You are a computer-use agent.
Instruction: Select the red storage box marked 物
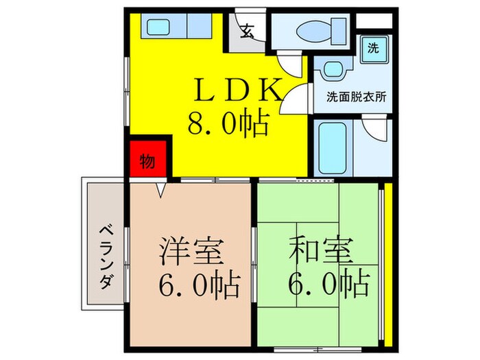coord(147,160)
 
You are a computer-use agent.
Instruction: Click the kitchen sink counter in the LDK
coord(180,27)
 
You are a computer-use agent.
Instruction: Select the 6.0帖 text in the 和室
coord(328,283)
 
